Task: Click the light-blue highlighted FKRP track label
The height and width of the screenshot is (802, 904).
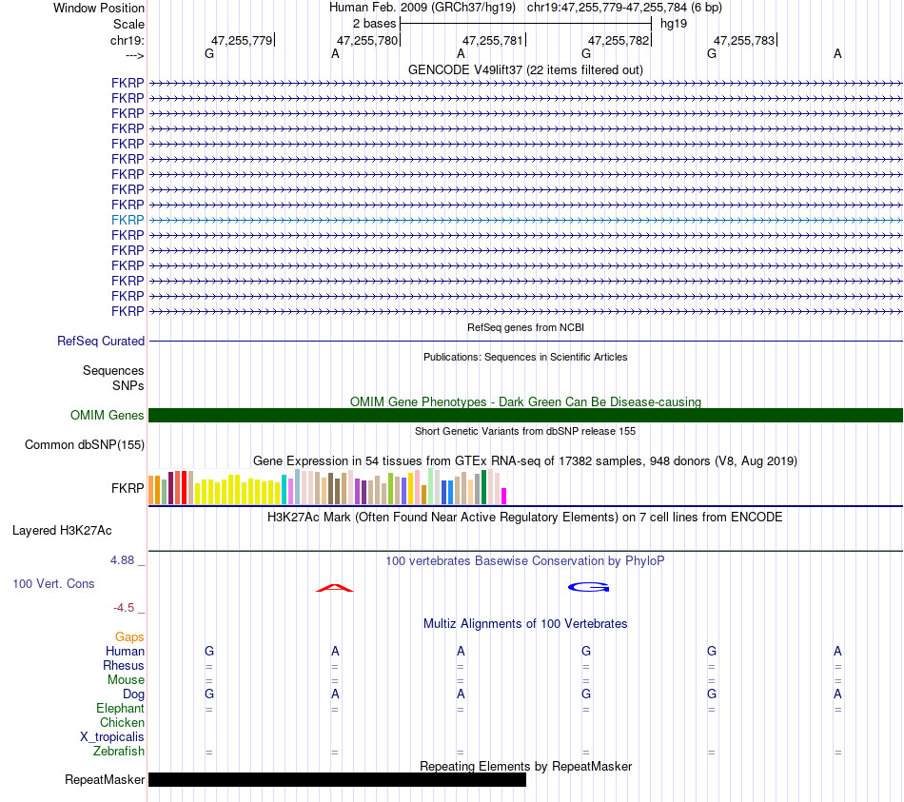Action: pos(128,221)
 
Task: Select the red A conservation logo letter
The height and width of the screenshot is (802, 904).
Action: pos(335,588)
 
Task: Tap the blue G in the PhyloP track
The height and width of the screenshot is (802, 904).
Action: pos(589,587)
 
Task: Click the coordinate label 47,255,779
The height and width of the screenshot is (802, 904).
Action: pos(242,40)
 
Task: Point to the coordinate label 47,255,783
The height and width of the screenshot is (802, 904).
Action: pos(744,40)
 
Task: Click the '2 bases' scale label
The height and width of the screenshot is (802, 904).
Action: pos(375,24)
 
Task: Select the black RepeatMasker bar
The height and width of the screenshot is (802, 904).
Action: pos(337,779)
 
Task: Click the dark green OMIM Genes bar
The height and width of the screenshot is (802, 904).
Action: pos(526,415)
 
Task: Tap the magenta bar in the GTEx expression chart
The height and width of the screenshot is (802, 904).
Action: pos(504,497)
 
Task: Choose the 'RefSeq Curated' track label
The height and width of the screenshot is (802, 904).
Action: pos(101,342)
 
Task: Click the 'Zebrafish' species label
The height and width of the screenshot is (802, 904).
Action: pos(119,752)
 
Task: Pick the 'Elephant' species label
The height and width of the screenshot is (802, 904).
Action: pos(121,709)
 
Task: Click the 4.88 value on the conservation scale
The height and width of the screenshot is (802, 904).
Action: pos(122,560)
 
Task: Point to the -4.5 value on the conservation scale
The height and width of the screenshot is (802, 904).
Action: pos(124,608)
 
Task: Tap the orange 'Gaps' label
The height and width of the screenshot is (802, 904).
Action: pos(129,637)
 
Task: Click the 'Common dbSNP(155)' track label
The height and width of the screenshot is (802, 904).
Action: pos(85,445)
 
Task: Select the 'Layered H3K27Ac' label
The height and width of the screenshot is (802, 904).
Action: pos(62,531)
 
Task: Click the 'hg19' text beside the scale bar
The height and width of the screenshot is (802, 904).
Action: pos(674,24)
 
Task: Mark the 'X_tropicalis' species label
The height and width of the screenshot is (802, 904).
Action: pos(112,737)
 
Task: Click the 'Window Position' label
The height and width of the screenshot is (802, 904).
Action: pos(99,8)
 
